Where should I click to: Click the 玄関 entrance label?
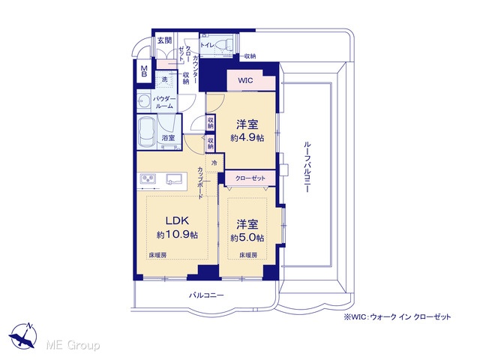[164, 40]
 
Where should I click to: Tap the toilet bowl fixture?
[223, 45]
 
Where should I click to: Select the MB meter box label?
[144, 71]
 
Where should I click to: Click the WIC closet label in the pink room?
[245, 80]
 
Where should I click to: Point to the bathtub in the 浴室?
[148, 132]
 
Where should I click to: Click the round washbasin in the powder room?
[142, 100]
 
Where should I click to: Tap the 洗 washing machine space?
[165, 79]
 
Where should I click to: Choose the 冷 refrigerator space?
[214, 163]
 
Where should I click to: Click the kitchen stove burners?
[148, 178]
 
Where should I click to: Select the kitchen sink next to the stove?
[176, 178]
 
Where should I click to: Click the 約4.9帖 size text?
[247, 138]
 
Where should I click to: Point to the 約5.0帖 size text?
[247, 238]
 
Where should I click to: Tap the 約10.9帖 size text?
[177, 235]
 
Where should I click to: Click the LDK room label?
[177, 220]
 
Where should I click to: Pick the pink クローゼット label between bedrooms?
[250, 178]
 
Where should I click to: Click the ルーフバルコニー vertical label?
[307, 166]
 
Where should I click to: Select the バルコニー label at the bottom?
[206, 295]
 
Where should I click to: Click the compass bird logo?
[23, 335]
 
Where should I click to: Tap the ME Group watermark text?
[73, 345]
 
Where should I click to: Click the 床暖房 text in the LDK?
[158, 255]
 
